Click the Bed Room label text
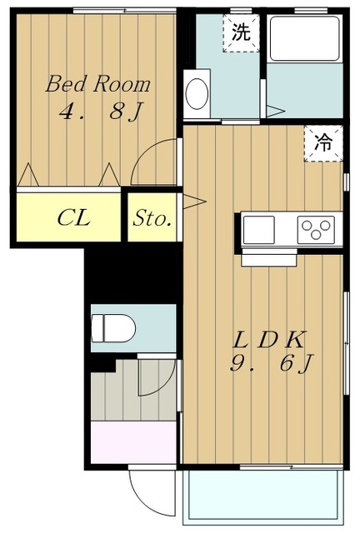tap(98, 84)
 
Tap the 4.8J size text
tap(101, 111)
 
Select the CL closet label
tap(74, 217)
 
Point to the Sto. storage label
tap(152, 218)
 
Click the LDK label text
tap(268, 340)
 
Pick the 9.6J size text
tap(272, 364)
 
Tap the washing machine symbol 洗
tap(241, 33)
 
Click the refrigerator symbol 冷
tap(322, 143)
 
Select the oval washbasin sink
tap(197, 94)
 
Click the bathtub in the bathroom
tap(304, 38)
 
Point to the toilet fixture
tap(113, 328)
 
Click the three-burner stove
tap(316, 230)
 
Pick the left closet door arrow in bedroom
tap(28, 175)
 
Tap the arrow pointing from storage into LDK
tap(194, 202)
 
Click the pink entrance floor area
tap(133, 442)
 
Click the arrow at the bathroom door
tap(275, 111)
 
